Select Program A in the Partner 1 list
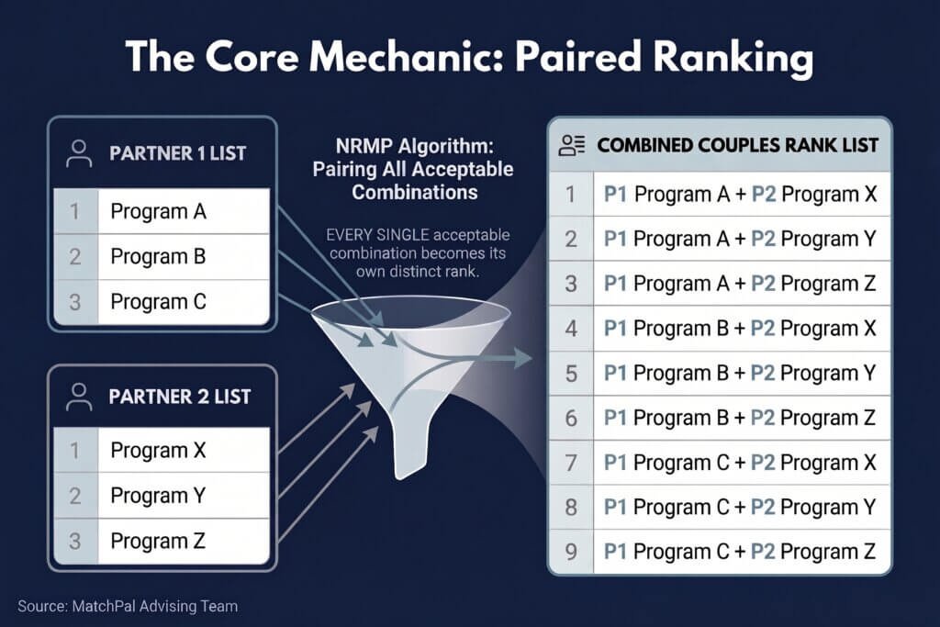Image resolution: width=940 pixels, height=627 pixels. point(158,211)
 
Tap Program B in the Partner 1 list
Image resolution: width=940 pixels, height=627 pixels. point(158,256)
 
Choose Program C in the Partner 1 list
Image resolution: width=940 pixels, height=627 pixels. point(158,301)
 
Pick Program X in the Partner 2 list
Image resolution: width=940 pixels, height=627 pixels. point(158,450)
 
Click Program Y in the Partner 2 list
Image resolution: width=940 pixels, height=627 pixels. point(158,496)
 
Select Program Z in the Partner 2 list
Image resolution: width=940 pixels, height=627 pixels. point(158,541)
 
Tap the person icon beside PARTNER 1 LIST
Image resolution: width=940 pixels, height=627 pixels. point(79,153)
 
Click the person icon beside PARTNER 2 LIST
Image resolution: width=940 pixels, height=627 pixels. point(79,397)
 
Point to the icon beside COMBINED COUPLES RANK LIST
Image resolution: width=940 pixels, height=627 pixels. point(571,146)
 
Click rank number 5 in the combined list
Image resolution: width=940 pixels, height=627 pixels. point(571,374)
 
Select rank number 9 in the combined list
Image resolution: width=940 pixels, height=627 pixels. point(571,552)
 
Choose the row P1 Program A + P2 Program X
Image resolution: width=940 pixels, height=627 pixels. point(741,195)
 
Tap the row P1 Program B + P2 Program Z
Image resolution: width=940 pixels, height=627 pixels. point(740,418)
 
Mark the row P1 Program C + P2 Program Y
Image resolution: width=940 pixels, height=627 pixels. point(740,507)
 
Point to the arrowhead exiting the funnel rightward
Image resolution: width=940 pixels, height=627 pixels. point(522,358)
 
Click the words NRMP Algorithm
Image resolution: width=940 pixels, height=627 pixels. point(415,146)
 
